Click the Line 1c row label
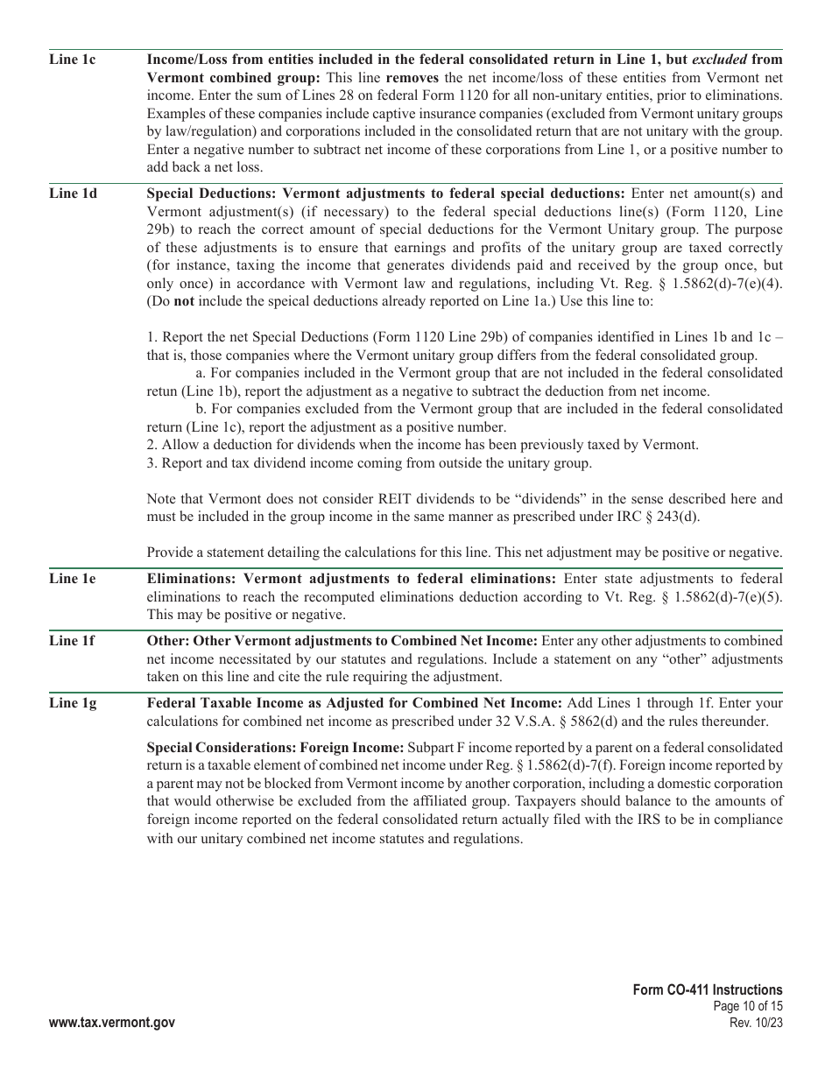click(x=73, y=60)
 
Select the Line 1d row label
click(x=73, y=194)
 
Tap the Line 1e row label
click(x=73, y=579)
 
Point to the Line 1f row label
click(x=72, y=641)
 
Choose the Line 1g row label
click(x=73, y=703)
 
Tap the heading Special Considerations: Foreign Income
click(x=275, y=748)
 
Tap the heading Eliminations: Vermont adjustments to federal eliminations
click(x=351, y=579)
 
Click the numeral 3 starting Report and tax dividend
click(x=150, y=462)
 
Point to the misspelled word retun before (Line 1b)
click(x=163, y=391)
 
